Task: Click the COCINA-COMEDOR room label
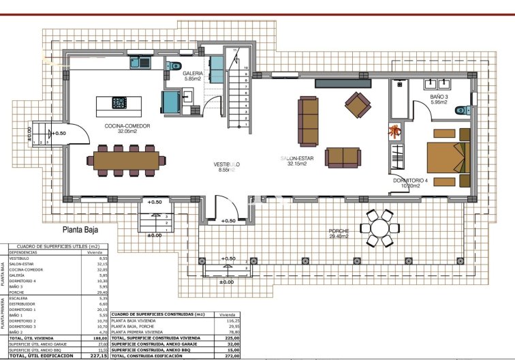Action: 127,126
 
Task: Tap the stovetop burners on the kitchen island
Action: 119,103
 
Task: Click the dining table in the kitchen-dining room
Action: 126,160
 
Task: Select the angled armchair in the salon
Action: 358,104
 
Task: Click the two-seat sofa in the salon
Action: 343,157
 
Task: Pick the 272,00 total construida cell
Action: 235,355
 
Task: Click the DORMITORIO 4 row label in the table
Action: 21,281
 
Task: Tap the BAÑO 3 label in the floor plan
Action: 439,97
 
